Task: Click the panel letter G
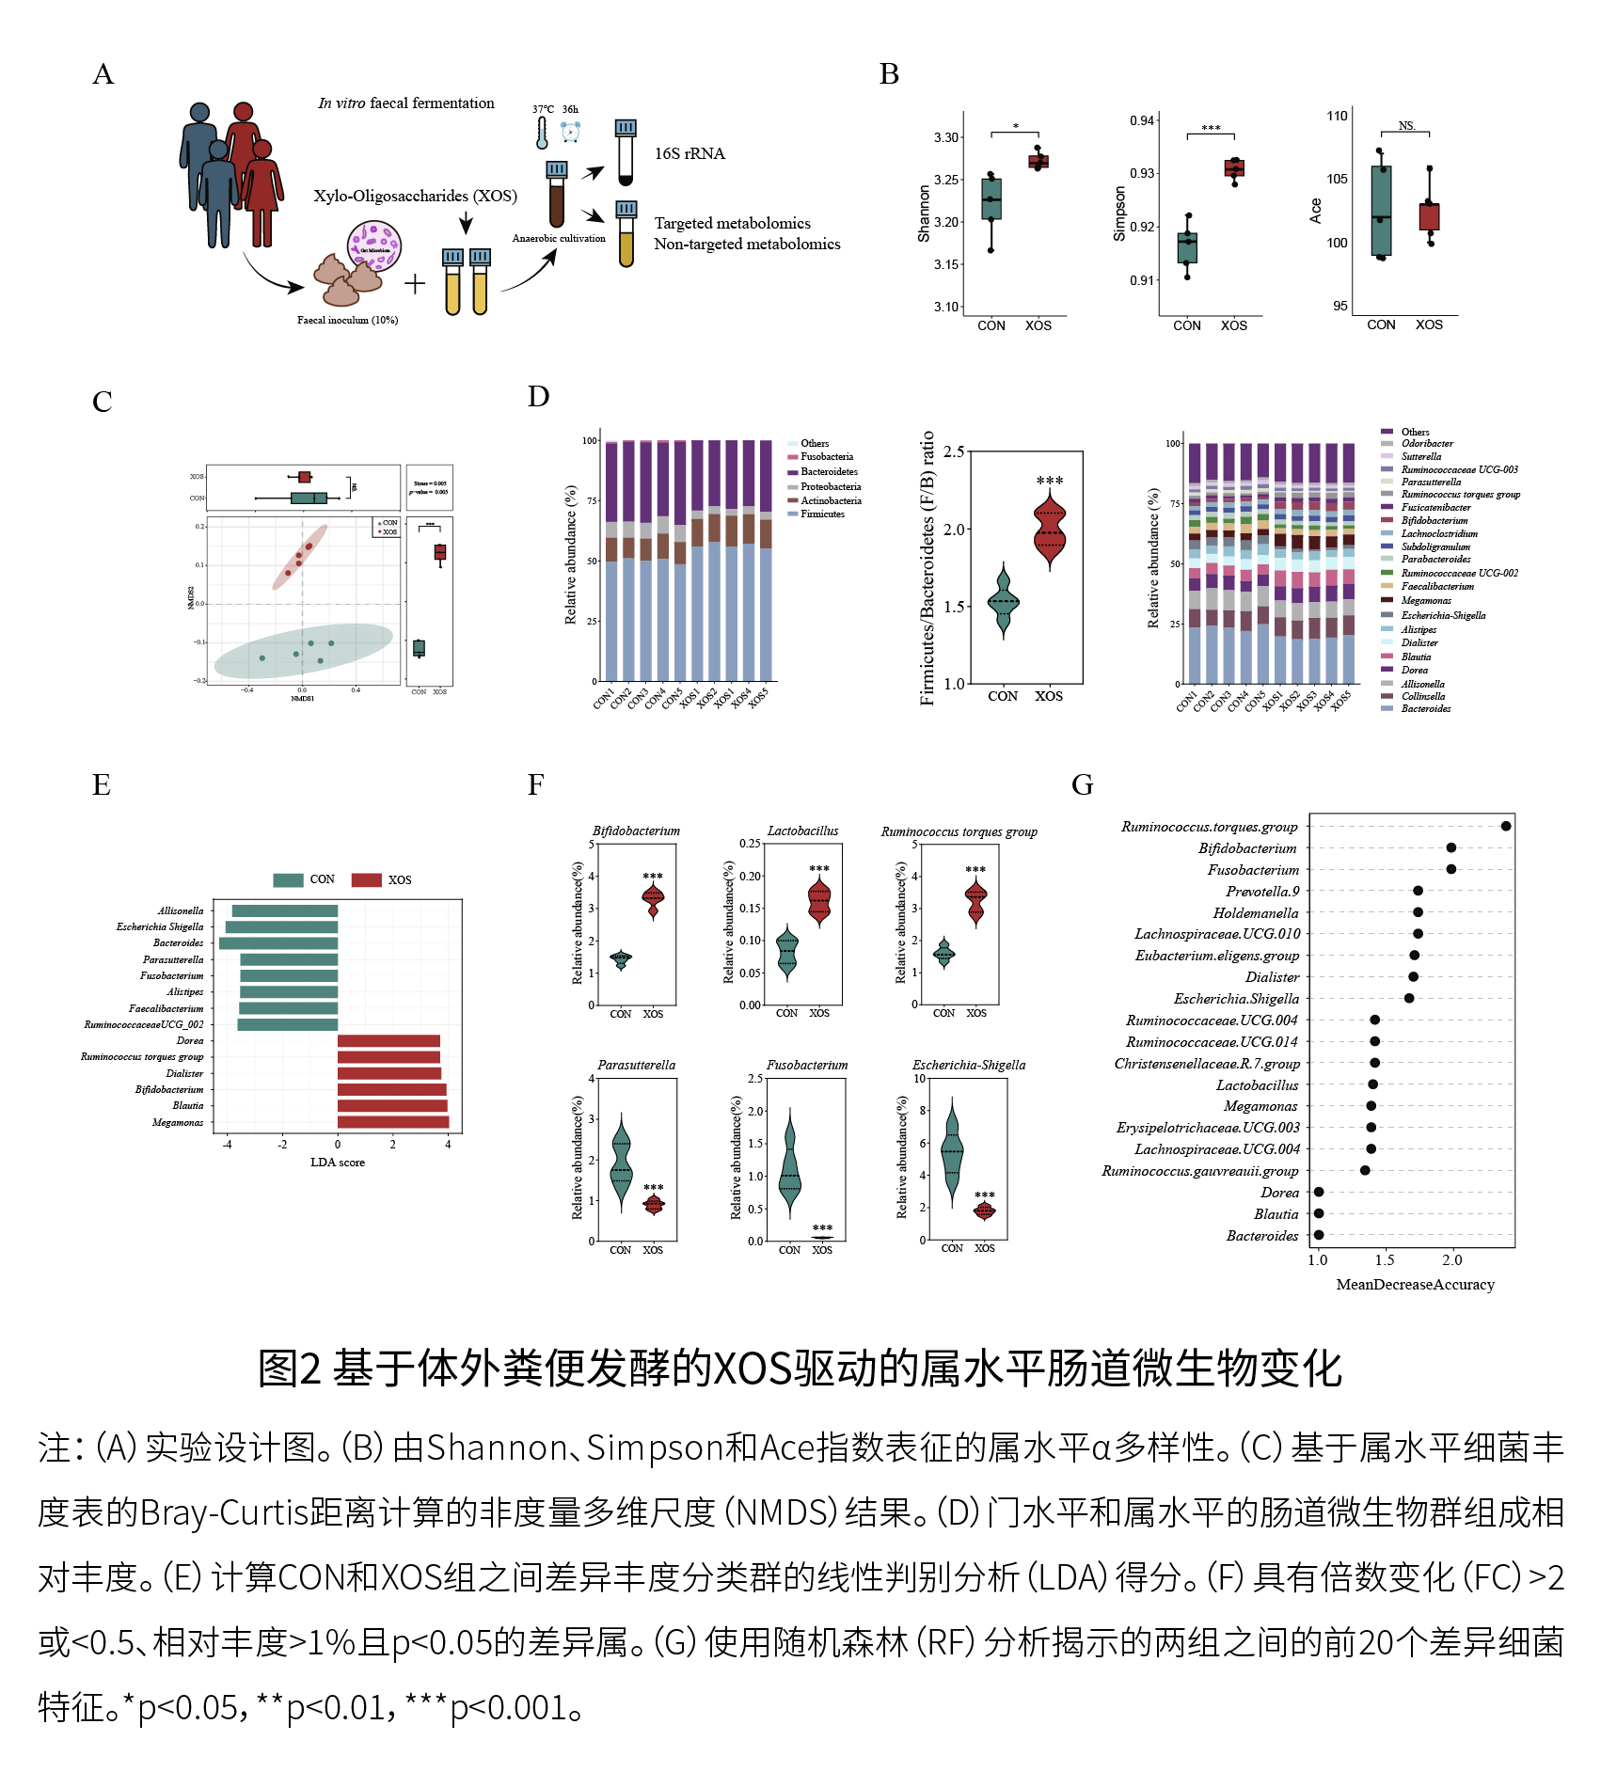click(1082, 784)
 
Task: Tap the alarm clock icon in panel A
click(570, 132)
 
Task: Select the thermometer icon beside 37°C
click(542, 134)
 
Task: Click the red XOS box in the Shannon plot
click(1038, 162)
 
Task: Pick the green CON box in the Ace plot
click(1381, 211)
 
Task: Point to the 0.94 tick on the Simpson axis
click(1142, 120)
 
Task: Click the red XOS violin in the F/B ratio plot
click(1049, 532)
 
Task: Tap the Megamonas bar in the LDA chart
click(392, 1121)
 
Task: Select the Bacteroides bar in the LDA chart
click(278, 943)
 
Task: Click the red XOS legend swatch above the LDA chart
click(366, 880)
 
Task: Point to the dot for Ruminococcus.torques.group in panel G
click(1506, 827)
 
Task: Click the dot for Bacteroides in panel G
click(1319, 1235)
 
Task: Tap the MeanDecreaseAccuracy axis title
click(1415, 1285)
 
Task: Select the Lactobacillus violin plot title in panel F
click(802, 831)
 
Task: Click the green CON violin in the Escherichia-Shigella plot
click(952, 1151)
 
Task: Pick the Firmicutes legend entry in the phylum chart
click(822, 514)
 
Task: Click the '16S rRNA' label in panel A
click(690, 153)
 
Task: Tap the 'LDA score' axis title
click(338, 1163)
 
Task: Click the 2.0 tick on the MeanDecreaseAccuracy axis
click(1452, 1260)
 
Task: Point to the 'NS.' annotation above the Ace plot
click(1406, 126)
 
